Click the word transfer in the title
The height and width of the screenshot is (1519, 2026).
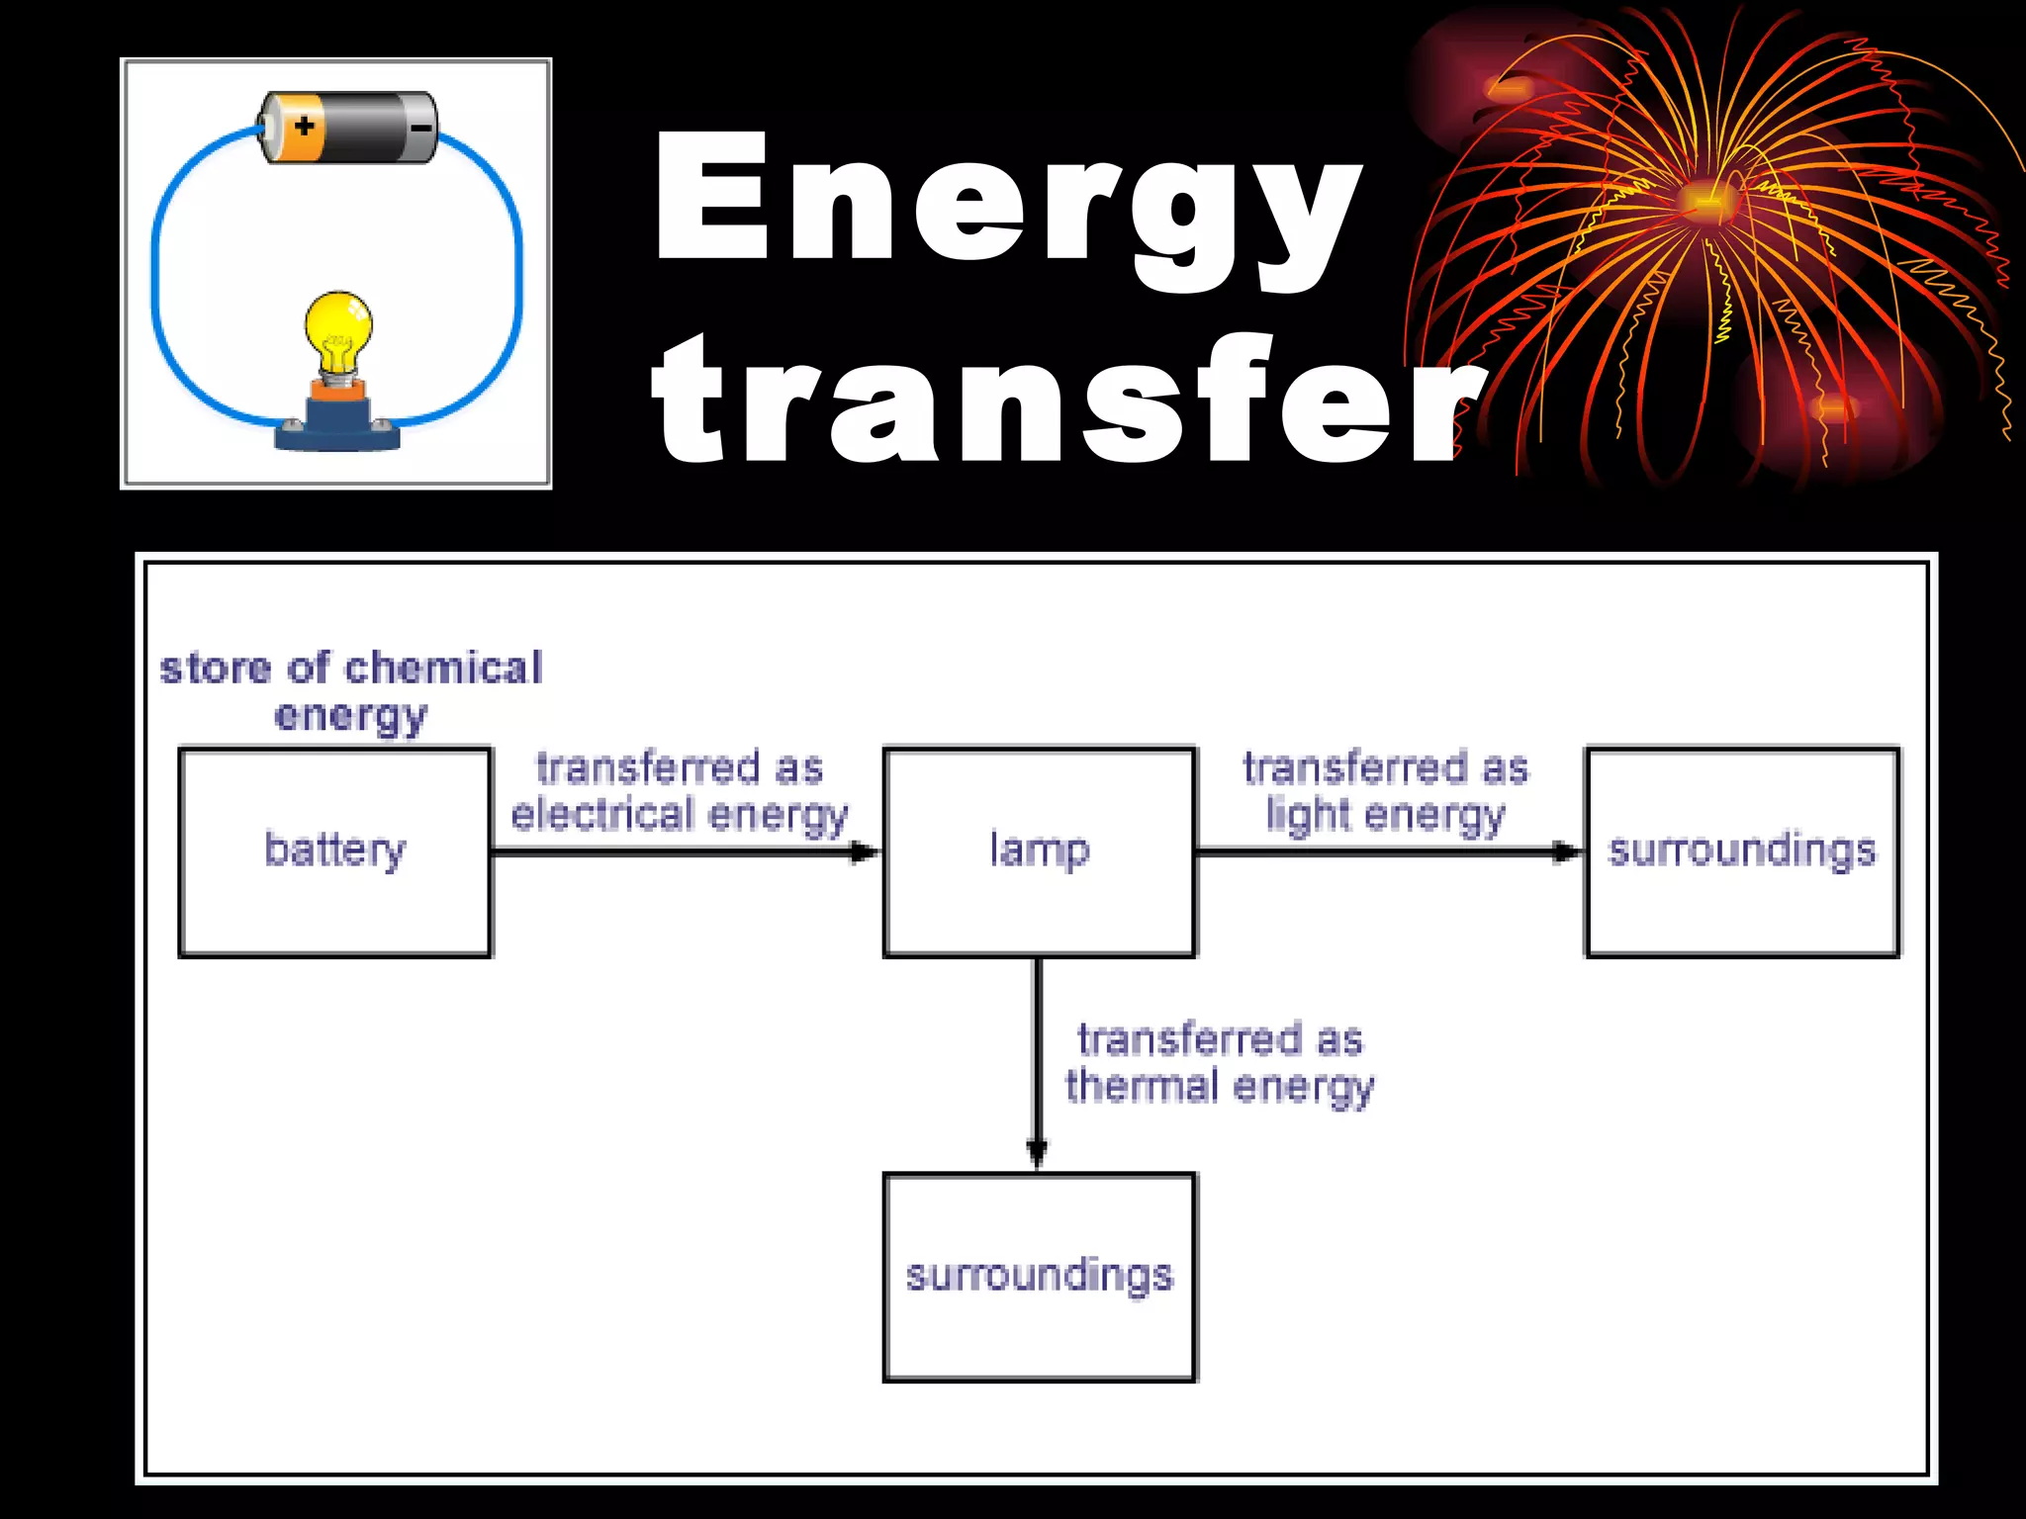coord(1068,401)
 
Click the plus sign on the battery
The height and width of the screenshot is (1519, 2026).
coord(305,126)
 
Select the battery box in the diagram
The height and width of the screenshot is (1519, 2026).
coord(334,851)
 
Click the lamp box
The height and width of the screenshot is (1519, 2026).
coord(1039,851)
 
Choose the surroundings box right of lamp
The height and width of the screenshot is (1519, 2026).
coord(1742,851)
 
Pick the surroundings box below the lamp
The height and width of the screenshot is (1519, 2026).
coord(1039,1276)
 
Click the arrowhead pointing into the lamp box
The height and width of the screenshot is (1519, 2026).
coord(865,852)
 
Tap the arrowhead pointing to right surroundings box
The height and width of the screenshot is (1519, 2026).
coord(1567,852)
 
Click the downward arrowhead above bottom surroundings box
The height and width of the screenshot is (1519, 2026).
coord(1037,1152)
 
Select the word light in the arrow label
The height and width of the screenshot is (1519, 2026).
coord(1308,815)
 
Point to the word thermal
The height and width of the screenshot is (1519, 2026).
coord(1142,1086)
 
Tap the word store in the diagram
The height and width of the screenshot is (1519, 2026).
coord(215,669)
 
